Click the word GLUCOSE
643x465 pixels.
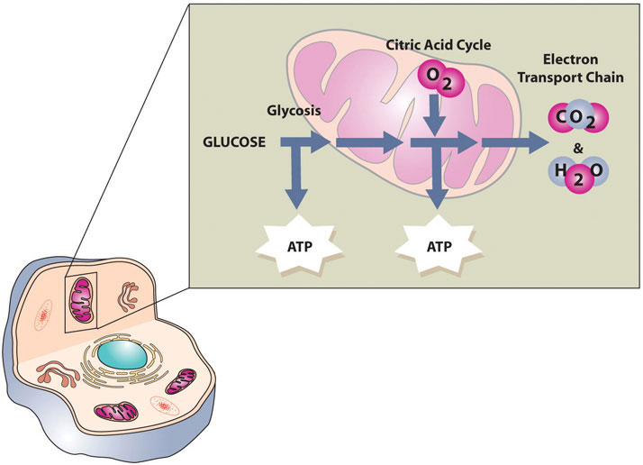(232, 142)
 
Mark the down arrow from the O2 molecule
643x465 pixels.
(436, 114)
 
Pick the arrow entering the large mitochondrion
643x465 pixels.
(315, 142)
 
